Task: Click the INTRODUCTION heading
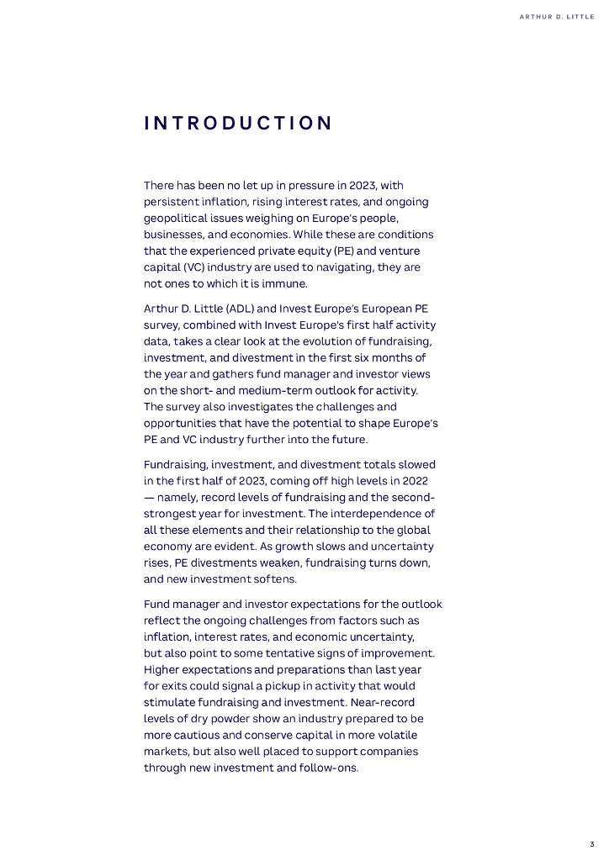pos(238,124)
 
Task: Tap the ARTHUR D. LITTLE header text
pos(556,16)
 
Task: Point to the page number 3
pos(591,844)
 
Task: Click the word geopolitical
pos(175,218)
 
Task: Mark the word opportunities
pos(181,422)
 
